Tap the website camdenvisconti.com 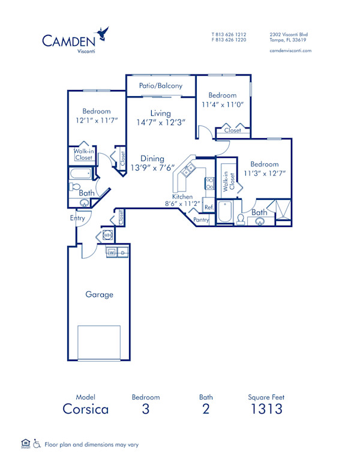click(290, 51)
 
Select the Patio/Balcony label click(160, 86)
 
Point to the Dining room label click(144, 159)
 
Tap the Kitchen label click(182, 196)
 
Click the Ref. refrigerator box click(209, 207)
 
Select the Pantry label click(202, 220)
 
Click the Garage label click(99, 294)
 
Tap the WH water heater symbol click(108, 235)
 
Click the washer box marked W click(112, 252)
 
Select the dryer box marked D click(122, 252)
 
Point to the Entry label click(77, 218)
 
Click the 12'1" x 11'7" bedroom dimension click(96, 120)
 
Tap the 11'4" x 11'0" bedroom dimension click(222, 104)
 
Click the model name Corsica click(85, 410)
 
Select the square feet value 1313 click(266, 410)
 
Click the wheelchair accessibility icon click(37, 444)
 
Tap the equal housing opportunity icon click(25, 444)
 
